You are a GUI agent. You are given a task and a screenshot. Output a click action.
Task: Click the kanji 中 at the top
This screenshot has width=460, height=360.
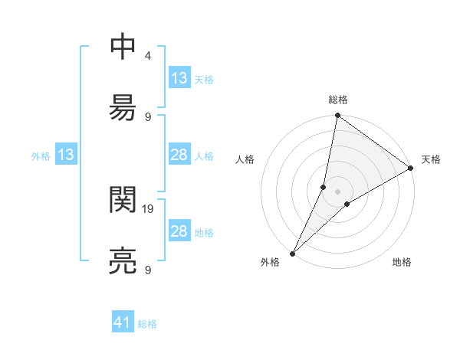123,48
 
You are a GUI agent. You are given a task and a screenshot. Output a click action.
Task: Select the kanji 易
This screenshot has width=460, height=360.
123,109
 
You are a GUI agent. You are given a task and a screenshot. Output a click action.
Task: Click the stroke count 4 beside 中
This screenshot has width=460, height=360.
147,56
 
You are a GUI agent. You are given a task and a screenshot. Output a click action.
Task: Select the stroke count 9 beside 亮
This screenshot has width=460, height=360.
147,270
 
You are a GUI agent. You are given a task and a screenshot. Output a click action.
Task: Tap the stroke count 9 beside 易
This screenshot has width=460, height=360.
147,116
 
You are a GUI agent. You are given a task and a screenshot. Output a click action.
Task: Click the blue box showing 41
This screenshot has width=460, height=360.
123,323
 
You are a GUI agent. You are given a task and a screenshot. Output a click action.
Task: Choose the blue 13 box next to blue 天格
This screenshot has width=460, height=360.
179,78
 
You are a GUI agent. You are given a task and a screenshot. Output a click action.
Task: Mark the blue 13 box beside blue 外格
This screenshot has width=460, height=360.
66,155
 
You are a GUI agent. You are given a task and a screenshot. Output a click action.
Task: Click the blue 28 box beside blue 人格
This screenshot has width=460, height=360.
179,155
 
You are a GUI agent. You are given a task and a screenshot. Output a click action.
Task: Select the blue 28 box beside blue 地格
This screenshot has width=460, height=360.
179,231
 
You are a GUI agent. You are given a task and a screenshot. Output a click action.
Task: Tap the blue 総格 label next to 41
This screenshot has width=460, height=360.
147,324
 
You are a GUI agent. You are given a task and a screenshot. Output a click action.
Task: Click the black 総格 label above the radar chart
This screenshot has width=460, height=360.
338,100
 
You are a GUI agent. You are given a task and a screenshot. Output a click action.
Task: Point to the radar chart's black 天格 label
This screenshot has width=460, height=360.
431,159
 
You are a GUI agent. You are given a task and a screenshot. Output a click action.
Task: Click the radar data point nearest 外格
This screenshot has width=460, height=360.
293,253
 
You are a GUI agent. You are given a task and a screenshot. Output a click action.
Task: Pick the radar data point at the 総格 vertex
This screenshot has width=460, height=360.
338,116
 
